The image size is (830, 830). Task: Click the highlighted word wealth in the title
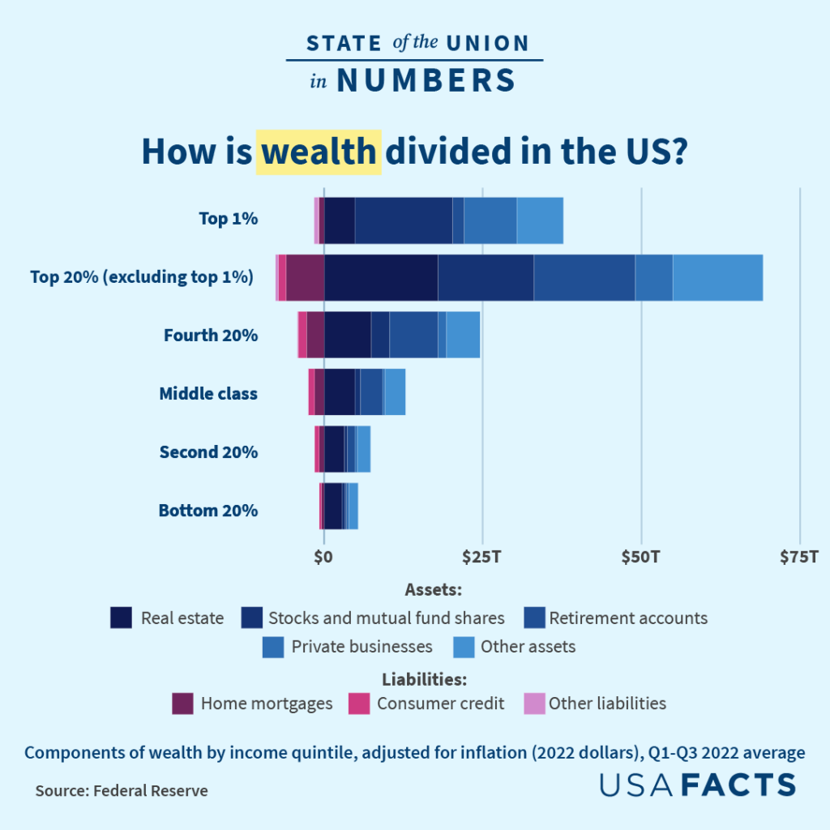pos(319,152)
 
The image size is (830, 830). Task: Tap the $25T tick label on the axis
pos(482,557)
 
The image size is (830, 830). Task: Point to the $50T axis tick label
pos(641,557)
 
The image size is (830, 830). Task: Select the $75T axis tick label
pos(799,557)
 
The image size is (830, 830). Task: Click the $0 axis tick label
pos(323,557)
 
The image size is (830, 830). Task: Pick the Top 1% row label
pos(228,218)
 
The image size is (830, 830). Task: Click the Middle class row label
pos(208,394)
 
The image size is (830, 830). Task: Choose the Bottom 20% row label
pos(208,511)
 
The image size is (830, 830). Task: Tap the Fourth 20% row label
pos(211,335)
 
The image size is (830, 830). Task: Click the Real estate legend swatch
pos(121,618)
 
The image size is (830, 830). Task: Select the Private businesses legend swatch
pos(273,647)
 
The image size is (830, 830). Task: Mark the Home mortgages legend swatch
pos(182,704)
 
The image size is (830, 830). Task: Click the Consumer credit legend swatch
pos(359,704)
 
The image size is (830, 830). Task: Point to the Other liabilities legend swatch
pos(534,704)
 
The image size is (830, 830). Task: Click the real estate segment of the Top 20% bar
pos(380,277)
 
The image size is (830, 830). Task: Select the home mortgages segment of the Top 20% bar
pos(305,277)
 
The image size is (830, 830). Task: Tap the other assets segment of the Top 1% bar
pos(540,220)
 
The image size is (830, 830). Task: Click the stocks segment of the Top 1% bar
pos(404,220)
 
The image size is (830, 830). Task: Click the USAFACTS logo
pos(698,785)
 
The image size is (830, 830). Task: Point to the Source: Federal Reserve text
pos(122,790)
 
